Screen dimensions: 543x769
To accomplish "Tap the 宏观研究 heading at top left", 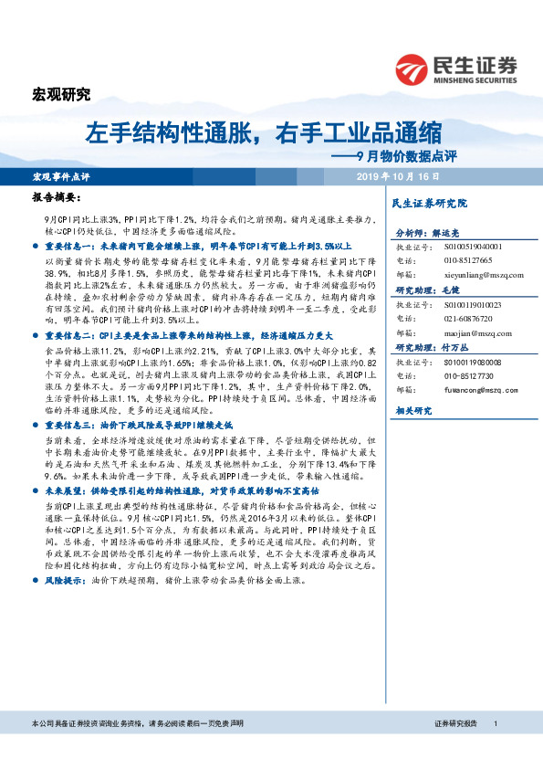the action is pos(61,93).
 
